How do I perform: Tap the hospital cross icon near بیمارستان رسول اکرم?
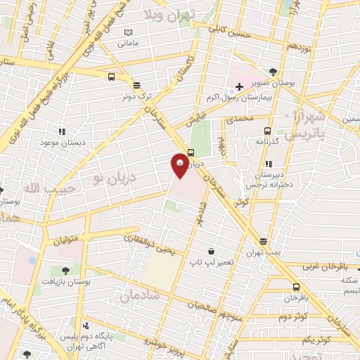pyautogui.click(x=239, y=86)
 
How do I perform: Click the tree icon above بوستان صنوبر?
pyautogui.click(x=273, y=72)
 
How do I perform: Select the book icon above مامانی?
pyautogui.click(x=128, y=32)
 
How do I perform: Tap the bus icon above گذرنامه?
pyautogui.click(x=267, y=131)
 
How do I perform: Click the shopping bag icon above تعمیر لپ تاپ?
pyautogui.click(x=211, y=251)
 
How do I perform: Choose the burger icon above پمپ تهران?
pyautogui.click(x=264, y=240)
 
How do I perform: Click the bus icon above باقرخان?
pyautogui.click(x=295, y=287)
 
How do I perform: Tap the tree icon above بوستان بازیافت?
pyautogui.click(x=65, y=269)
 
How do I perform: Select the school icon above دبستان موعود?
pyautogui.click(x=62, y=131)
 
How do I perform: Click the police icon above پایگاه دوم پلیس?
pyautogui.click(x=86, y=326)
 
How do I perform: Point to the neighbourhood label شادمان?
pyautogui.click(x=141, y=297)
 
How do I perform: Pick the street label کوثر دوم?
pyautogui.click(x=294, y=316)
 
